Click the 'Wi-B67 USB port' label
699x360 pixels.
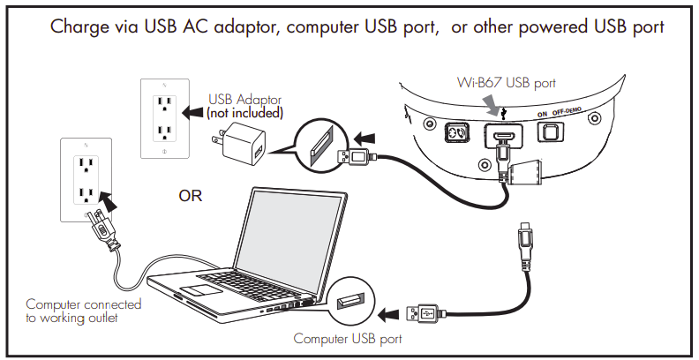(x=505, y=83)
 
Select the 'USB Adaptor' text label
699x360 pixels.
(x=244, y=100)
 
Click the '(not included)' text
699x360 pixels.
(x=244, y=113)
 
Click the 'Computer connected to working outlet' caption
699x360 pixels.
(x=84, y=311)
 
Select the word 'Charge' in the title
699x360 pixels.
(x=80, y=26)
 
